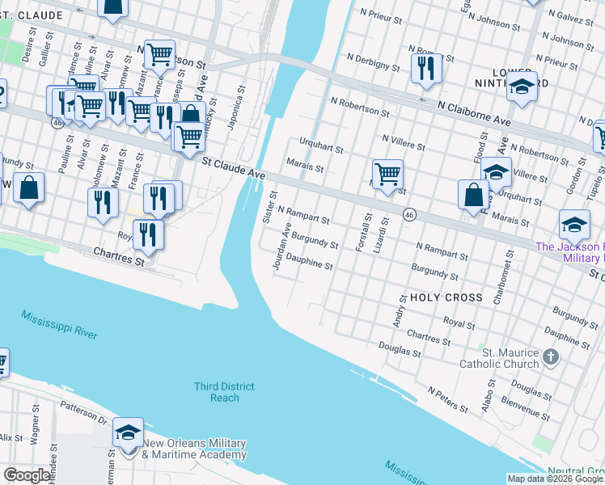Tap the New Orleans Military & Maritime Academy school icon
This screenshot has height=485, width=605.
click(x=129, y=433)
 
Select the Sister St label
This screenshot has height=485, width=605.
click(x=269, y=207)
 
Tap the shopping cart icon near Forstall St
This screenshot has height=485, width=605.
click(x=388, y=174)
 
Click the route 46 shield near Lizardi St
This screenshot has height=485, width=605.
click(x=409, y=214)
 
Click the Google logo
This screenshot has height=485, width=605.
click(x=27, y=475)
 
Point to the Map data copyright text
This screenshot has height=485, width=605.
click(x=555, y=479)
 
